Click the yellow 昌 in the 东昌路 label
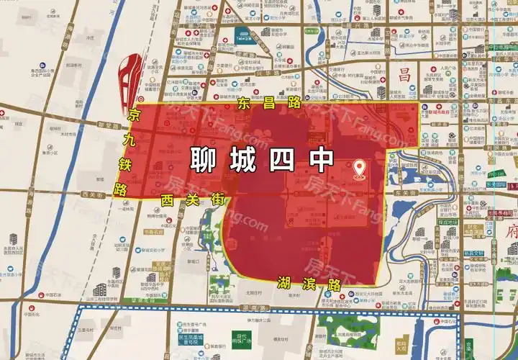268,103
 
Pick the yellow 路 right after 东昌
294,103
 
